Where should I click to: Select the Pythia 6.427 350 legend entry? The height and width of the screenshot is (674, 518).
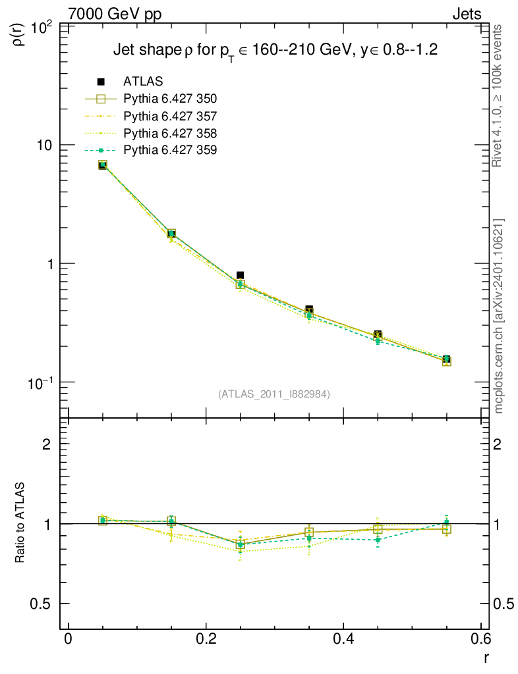click(170, 99)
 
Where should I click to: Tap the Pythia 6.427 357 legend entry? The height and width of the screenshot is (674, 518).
click(170, 116)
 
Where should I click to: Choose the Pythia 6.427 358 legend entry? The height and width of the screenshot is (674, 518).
click(170, 133)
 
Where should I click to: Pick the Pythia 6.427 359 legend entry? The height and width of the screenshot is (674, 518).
click(170, 150)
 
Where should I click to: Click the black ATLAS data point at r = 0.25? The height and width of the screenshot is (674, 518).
click(241, 275)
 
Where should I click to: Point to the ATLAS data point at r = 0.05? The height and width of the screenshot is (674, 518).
click(103, 165)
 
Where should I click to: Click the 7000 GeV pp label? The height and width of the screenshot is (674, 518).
click(115, 14)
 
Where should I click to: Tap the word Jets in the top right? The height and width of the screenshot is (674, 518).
click(466, 14)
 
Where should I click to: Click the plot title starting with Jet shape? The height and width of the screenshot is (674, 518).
click(275, 50)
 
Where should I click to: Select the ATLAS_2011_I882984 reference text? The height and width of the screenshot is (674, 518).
click(274, 394)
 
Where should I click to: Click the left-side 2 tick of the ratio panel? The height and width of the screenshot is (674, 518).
click(46, 444)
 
